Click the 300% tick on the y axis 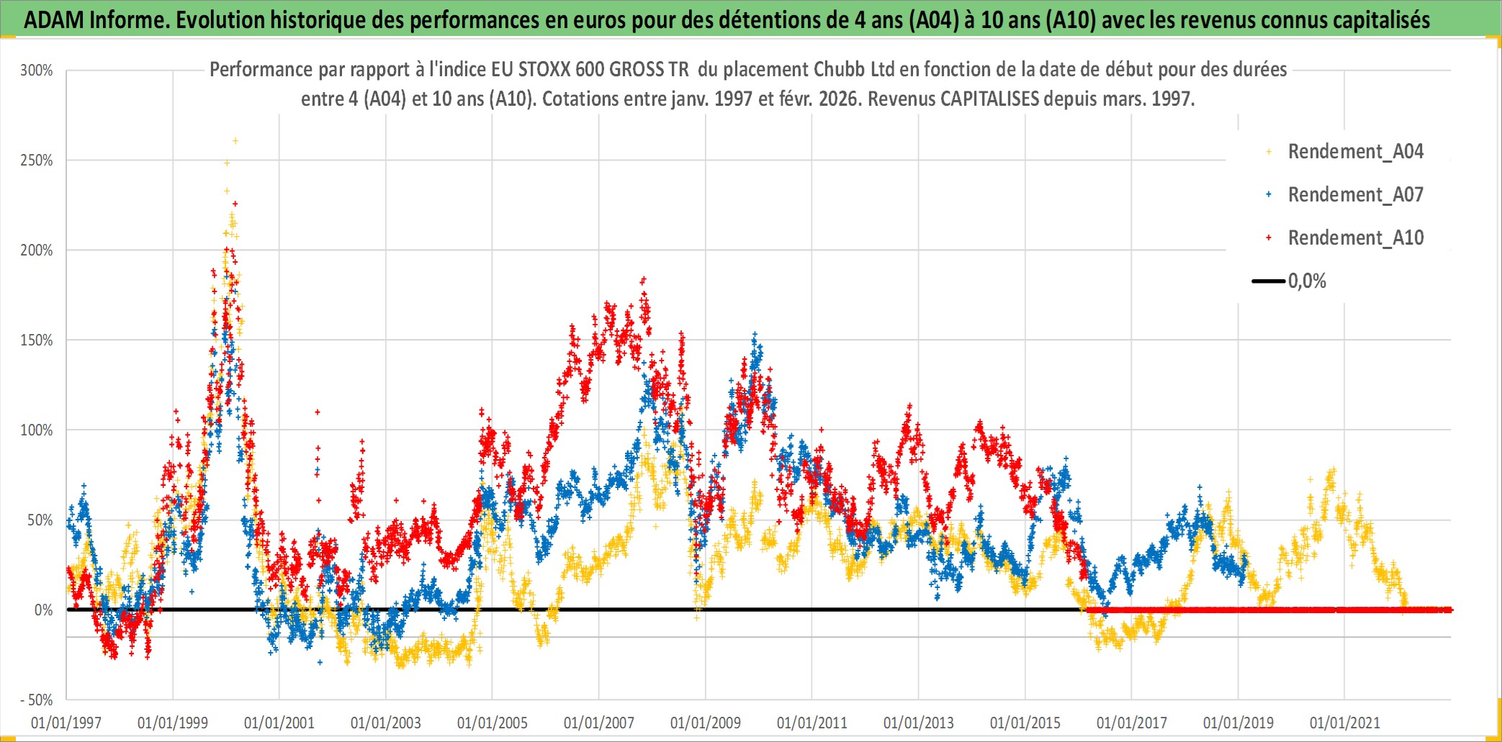[37, 71]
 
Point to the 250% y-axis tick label [37, 160]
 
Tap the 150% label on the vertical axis [37, 340]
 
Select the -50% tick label [36, 700]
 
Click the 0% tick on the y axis [43, 610]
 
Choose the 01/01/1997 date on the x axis [66, 723]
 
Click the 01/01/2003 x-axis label [386, 723]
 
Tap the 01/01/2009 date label [706, 723]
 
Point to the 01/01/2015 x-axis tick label [1025, 723]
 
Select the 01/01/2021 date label [1345, 723]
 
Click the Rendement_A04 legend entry [1355, 152]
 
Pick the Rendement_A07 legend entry [1355, 195]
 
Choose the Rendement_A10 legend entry [1355, 238]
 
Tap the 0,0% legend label [1307, 281]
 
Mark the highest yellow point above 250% [235, 141]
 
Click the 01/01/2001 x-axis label [279, 723]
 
